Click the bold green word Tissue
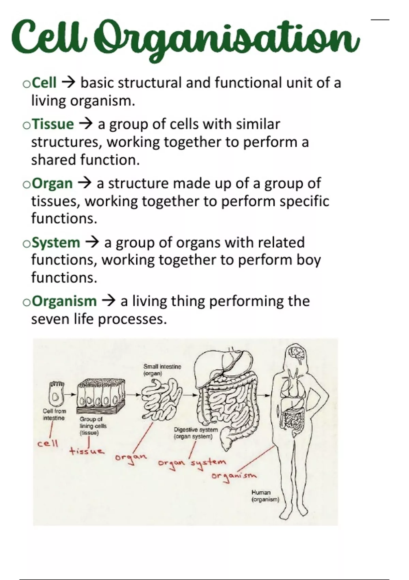[x=53, y=124]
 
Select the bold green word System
[x=56, y=243]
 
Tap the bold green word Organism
[x=64, y=301]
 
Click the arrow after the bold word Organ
[x=85, y=183]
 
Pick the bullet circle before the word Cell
[x=27, y=84]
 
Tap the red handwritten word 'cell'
[x=48, y=444]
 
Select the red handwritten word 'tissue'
[x=87, y=451]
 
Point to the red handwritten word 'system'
[x=209, y=462]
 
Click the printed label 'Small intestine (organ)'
[x=162, y=370]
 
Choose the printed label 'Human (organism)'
[x=265, y=496]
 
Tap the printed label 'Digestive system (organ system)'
[x=196, y=433]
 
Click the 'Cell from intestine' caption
[x=54, y=414]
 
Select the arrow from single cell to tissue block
[x=70, y=394]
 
